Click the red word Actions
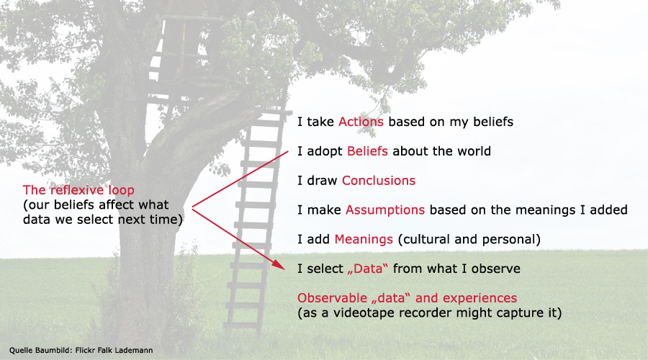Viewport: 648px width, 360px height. (x=361, y=122)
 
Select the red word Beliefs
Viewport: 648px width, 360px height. (x=367, y=151)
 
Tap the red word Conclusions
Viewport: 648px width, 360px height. (x=379, y=180)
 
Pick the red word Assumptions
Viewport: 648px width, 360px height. (x=385, y=210)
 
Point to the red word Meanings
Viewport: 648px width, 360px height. (x=364, y=239)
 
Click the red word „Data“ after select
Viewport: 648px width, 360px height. (x=368, y=269)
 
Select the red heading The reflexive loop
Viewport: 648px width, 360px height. (x=78, y=190)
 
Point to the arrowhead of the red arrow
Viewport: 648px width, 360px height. (x=281, y=266)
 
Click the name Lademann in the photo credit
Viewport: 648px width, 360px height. (x=134, y=350)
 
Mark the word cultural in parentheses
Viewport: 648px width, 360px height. (x=420, y=239)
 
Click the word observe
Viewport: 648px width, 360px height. (x=495, y=269)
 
